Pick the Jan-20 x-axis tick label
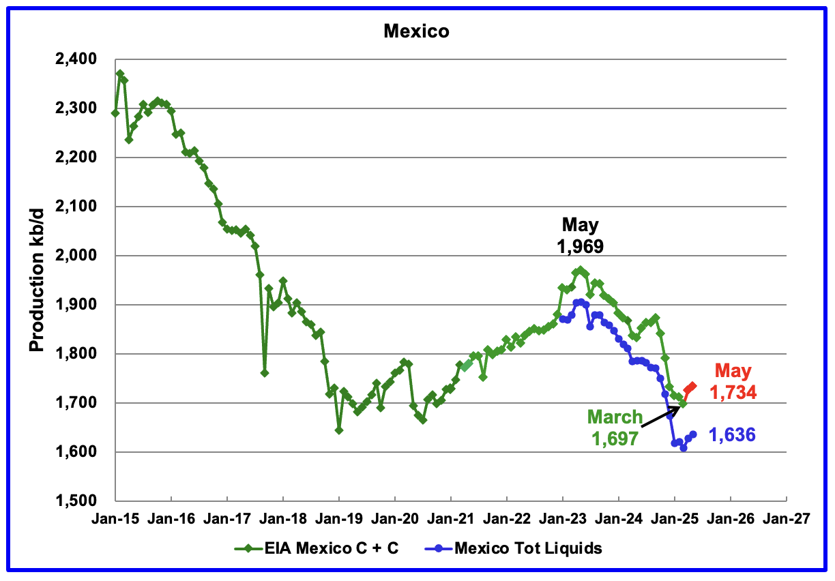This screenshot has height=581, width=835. [395, 519]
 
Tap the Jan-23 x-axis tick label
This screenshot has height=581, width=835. [562, 519]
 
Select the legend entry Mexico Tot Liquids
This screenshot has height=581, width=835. [518, 548]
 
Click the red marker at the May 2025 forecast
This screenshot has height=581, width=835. [692, 387]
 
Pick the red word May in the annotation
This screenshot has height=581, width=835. [733, 372]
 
